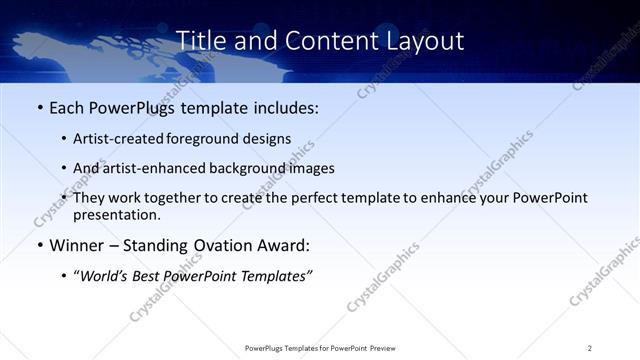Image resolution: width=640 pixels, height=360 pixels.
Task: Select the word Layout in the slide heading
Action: (425, 41)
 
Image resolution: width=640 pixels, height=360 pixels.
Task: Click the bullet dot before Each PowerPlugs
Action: (39, 107)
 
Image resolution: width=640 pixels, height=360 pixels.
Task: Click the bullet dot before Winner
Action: (39, 245)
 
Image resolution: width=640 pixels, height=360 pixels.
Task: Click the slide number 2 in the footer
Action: (590, 348)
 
